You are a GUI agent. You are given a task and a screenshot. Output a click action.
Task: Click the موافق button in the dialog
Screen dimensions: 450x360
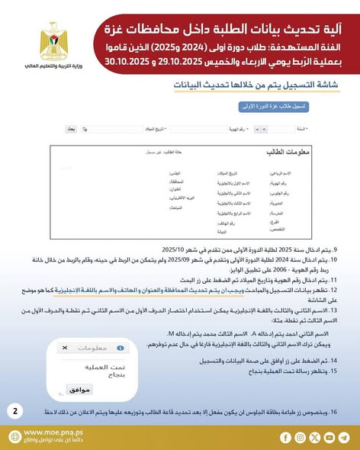point(79,388)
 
